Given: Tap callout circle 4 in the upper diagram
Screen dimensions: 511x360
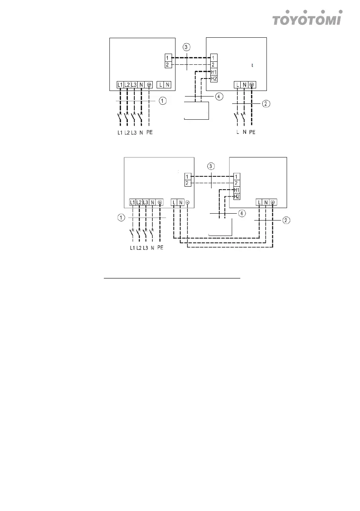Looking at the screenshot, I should click(219, 97).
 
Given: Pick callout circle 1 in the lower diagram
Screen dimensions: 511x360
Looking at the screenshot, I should click(121, 218).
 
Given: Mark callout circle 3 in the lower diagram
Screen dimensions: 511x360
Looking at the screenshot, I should click(211, 166).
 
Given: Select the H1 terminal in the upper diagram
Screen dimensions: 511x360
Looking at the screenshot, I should click(214, 72).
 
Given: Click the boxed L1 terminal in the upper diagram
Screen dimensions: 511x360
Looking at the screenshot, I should click(120, 85).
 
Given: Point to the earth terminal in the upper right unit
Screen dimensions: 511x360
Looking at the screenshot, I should click(251, 85).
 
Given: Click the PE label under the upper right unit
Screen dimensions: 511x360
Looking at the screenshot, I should click(252, 133).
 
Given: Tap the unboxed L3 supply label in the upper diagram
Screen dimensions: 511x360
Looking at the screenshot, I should click(134, 133).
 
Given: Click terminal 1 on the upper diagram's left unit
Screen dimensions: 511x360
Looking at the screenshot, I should click(168, 57).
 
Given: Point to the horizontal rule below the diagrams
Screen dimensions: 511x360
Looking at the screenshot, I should click(172, 278).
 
